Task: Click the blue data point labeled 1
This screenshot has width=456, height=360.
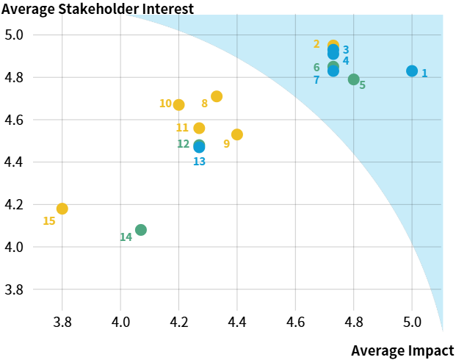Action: pos(412,71)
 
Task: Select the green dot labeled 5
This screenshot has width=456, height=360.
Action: pos(354,79)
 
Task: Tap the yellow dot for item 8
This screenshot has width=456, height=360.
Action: pos(217,96)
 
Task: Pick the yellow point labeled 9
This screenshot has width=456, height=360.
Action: pos(237,134)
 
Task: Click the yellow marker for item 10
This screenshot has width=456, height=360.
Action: pos(178,105)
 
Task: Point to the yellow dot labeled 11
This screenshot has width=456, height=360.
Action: pos(199,128)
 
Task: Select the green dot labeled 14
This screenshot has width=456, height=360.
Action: pos(141,230)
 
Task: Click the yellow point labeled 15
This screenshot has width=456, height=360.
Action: pos(62,209)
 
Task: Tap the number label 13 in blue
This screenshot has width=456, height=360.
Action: pos(200,161)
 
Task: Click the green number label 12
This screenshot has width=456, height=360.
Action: pos(184,144)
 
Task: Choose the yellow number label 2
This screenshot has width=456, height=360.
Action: pos(316,44)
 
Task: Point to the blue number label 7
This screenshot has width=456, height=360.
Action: pos(316,79)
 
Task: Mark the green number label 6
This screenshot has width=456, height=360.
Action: pos(316,68)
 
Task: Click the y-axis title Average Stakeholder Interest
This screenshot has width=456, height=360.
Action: pos(98,10)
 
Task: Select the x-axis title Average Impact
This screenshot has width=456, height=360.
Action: pos(402,350)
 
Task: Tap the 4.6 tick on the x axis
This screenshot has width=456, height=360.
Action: pos(295,322)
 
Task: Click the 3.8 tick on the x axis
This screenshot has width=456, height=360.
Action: pos(62,322)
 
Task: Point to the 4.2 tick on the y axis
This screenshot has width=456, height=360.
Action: pos(15,204)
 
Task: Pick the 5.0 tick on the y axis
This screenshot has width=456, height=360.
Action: pos(15,35)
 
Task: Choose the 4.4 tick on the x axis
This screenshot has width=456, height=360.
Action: pos(237,322)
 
